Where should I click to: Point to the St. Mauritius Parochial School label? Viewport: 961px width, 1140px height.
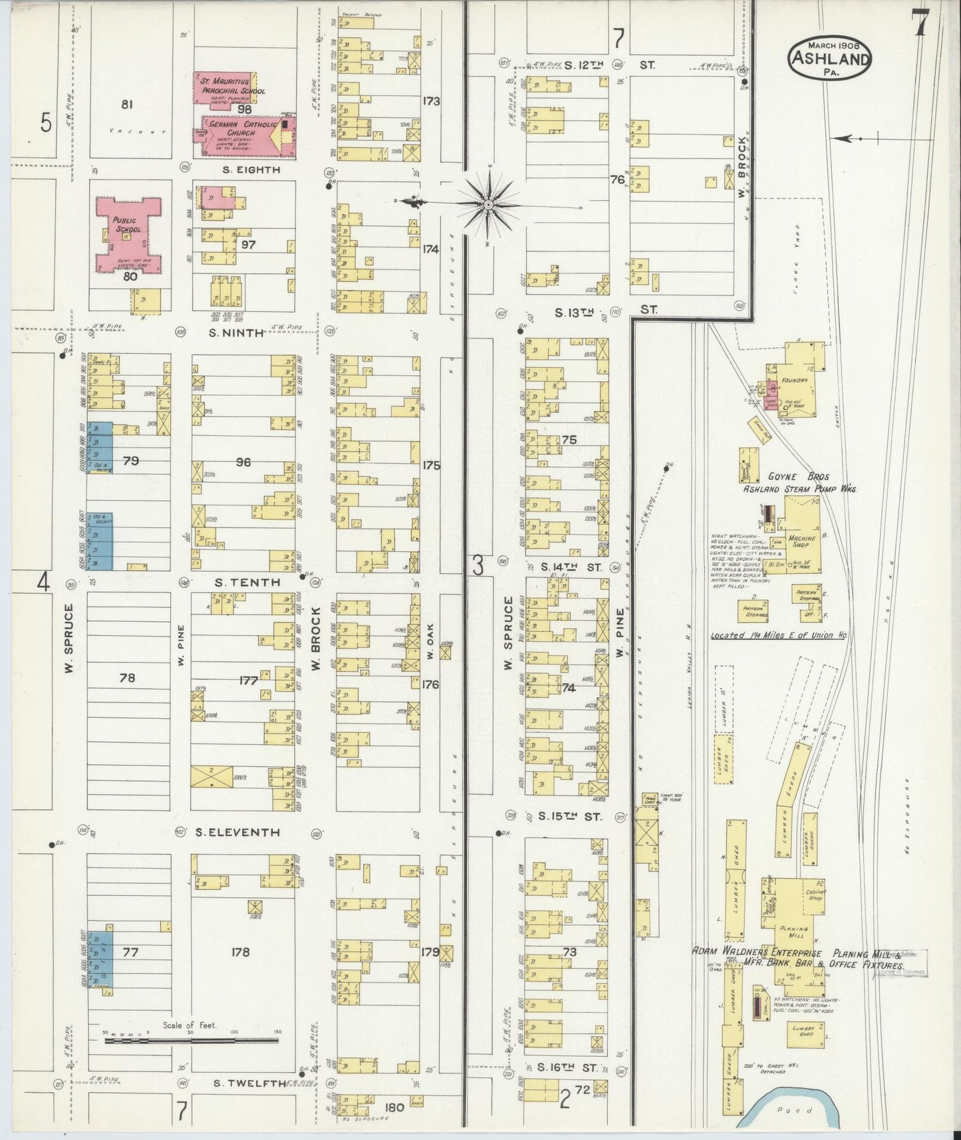pyautogui.click(x=229, y=86)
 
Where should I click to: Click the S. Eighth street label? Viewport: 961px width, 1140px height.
pyautogui.click(x=251, y=170)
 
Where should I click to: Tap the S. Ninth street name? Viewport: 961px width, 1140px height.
pyautogui.click(x=236, y=333)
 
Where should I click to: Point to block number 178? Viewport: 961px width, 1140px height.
pyautogui.click(x=240, y=952)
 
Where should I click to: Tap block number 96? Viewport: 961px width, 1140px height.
pyautogui.click(x=243, y=462)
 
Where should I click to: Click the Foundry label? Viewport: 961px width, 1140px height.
pyautogui.click(x=795, y=380)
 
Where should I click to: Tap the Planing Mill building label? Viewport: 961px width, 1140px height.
pyautogui.click(x=794, y=933)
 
